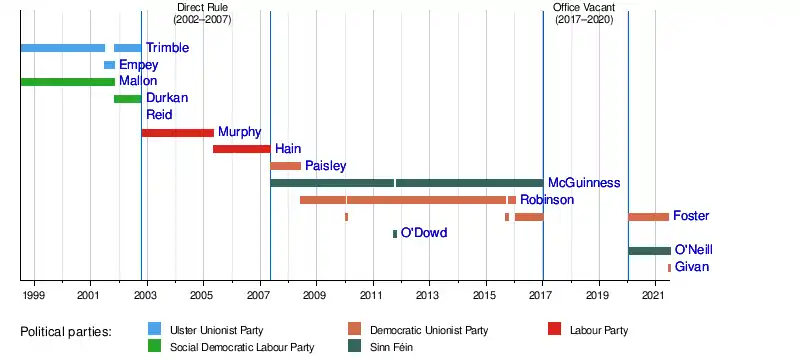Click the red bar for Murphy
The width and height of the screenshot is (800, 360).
pyautogui.click(x=178, y=133)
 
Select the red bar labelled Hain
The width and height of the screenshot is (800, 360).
pyautogui.click(x=241, y=149)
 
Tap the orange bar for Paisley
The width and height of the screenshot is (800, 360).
pyautogui.click(x=286, y=166)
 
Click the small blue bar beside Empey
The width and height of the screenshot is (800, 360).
pyautogui.click(x=109, y=65)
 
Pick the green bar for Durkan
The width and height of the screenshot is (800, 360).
pyautogui.click(x=128, y=99)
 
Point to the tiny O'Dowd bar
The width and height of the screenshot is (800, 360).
pyautogui.click(x=395, y=234)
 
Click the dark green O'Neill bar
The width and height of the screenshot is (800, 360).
pyautogui.click(x=649, y=250)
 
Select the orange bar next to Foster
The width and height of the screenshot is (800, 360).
pyautogui.click(x=648, y=217)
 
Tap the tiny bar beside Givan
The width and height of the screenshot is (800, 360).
pyautogui.click(x=669, y=268)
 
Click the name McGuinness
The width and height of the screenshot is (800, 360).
pyautogui.click(x=584, y=183)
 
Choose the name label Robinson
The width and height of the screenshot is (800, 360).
pyautogui.click(x=547, y=200)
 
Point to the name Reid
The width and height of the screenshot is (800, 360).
pyautogui.click(x=159, y=114)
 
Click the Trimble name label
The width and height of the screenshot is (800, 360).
pyautogui.click(x=167, y=48)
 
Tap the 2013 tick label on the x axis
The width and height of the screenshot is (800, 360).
pyautogui.click(x=430, y=295)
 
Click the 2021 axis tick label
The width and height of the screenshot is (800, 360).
pyautogui.click(x=656, y=295)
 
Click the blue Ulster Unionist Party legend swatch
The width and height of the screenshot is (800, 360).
pyautogui.click(x=154, y=329)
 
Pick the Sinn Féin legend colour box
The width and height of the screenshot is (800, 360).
pyautogui.click(x=355, y=346)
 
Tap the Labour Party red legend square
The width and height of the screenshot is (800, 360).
pyautogui.click(x=554, y=329)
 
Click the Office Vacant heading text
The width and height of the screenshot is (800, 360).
pyautogui.click(x=584, y=8)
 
